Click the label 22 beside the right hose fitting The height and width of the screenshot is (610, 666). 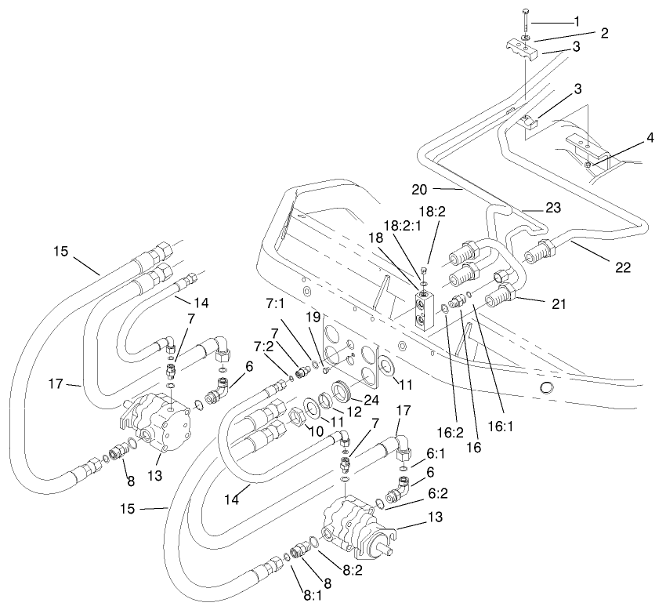tap(622, 268)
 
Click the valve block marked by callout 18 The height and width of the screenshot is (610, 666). tap(423, 313)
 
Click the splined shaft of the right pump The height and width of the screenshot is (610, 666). tap(385, 539)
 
